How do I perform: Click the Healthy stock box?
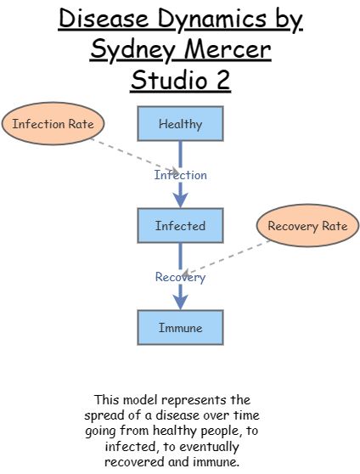[180, 124]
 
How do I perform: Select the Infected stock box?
[180, 226]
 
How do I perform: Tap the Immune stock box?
[180, 327]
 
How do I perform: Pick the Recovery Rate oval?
[307, 226]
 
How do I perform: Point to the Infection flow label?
[180, 175]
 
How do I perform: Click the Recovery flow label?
[180, 277]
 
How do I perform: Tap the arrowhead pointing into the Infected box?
[180, 200]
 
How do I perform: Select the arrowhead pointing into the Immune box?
[180, 302]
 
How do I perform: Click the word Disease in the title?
[106, 20]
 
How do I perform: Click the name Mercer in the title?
[228, 51]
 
